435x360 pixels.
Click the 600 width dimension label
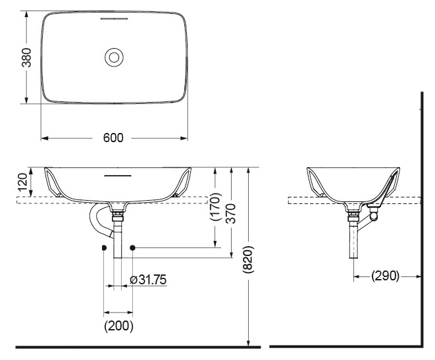(114, 138)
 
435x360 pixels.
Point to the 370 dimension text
(231, 213)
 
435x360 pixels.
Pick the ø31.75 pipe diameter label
(147, 280)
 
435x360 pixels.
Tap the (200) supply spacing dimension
(118, 325)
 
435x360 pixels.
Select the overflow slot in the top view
(114, 19)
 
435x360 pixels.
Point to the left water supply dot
(104, 247)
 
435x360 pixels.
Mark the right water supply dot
(132, 247)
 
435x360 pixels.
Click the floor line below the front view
(132, 346)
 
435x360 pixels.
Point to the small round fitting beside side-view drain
(374, 215)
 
